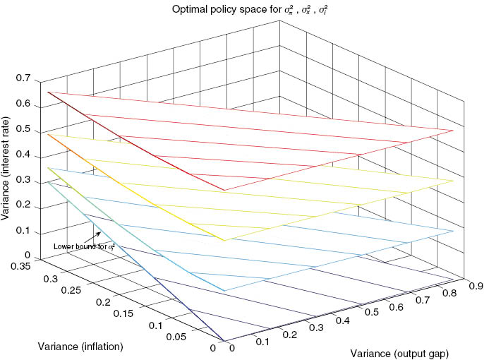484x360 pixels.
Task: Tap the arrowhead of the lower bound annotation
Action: [x=101, y=234]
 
